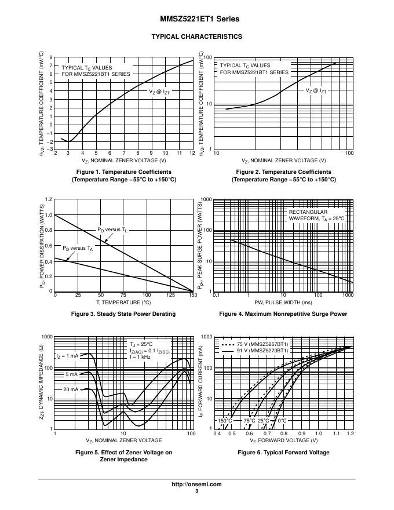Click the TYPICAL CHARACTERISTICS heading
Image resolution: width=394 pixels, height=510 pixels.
coord(196,37)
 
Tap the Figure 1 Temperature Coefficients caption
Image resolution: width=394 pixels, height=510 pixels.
coord(124,176)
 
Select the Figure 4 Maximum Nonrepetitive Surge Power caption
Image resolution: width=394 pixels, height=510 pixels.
coord(283,314)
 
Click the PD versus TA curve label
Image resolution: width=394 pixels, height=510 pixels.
coord(78,248)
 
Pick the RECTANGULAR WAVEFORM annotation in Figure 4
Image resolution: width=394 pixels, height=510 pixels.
coord(316,215)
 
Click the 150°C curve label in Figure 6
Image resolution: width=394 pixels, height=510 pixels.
coord(225,420)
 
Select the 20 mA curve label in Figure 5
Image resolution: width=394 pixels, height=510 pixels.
coord(71,389)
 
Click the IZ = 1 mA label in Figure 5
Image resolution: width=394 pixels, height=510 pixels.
coord(67,356)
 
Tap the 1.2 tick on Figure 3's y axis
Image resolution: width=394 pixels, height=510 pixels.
coord(49,199)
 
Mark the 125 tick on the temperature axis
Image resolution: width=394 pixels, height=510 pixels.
coord(170,295)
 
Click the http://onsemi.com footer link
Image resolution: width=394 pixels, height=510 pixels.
coord(196,484)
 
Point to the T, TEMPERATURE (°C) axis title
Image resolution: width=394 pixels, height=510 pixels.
coord(124,302)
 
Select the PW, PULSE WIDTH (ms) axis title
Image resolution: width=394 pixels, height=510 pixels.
coord(283,302)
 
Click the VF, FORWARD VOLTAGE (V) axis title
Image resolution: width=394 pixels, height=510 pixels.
coord(283,440)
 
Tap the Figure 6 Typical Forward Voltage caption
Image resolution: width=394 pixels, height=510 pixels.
coord(283,452)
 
